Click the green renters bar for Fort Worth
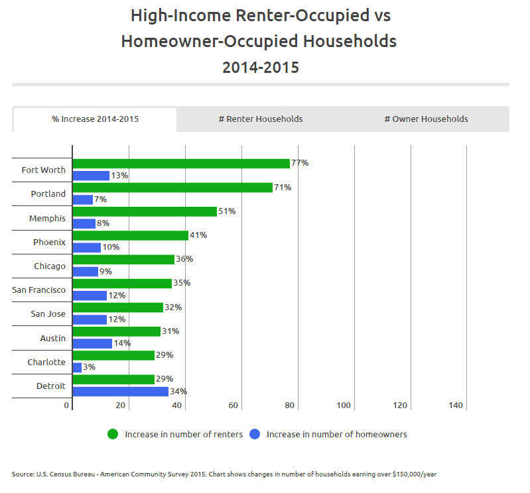pyautogui.click(x=181, y=164)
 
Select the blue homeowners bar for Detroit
pyautogui.click(x=120, y=392)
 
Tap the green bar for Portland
pyautogui.click(x=172, y=188)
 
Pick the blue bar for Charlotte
pyautogui.click(x=77, y=367)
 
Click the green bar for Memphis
pyautogui.click(x=145, y=211)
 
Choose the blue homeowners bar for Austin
pyautogui.click(x=92, y=343)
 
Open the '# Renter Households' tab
pyautogui.click(x=261, y=119)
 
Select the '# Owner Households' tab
pyautogui.click(x=426, y=119)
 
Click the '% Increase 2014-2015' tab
pyautogui.click(x=96, y=119)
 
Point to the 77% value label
pyautogui.click(x=300, y=163)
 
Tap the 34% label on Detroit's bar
pyautogui.click(x=178, y=392)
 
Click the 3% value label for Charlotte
pyautogui.click(x=89, y=367)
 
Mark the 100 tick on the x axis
pyautogui.click(x=344, y=406)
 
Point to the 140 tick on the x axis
pyautogui.click(x=456, y=406)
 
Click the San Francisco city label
pyautogui.click(x=39, y=290)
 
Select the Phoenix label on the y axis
pyautogui.click(x=50, y=242)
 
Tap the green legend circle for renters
pyautogui.click(x=113, y=435)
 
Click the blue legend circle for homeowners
pyautogui.click(x=255, y=435)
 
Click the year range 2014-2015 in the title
pyautogui.click(x=261, y=67)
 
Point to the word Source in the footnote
pyautogui.click(x=22, y=474)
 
